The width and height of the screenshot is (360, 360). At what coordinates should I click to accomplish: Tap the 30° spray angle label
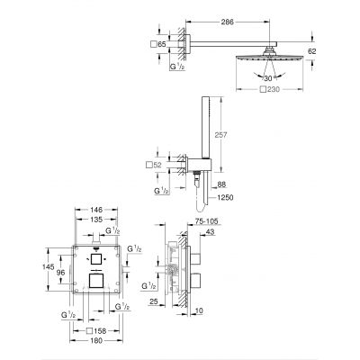[263, 77]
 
